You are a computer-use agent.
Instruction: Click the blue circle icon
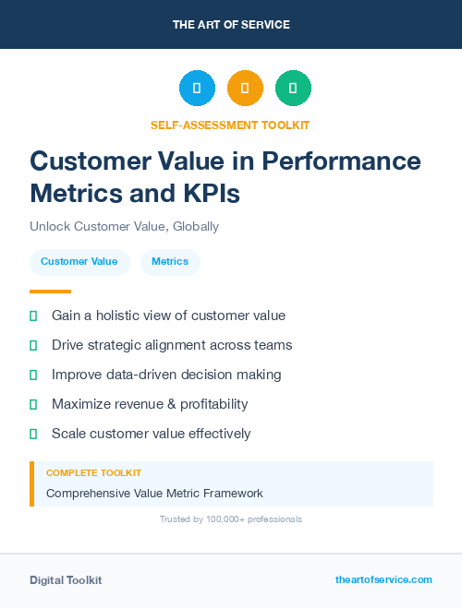(197, 89)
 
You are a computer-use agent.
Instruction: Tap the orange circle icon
(245, 89)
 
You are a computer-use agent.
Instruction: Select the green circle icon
(293, 89)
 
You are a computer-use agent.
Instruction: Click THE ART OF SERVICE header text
(231, 25)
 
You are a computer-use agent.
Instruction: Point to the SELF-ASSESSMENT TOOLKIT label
(230, 125)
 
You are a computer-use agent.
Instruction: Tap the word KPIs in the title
(212, 193)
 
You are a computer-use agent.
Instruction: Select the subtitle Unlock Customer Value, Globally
(124, 226)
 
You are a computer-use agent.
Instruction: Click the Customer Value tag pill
(79, 262)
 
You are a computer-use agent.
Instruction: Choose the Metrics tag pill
(170, 262)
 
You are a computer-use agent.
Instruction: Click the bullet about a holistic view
(168, 316)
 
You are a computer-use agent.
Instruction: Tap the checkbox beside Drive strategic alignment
(33, 345)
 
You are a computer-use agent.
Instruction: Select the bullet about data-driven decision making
(166, 375)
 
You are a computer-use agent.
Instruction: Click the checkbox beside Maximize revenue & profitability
(33, 404)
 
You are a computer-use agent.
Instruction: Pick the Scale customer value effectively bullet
(151, 434)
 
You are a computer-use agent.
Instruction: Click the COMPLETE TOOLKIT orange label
(93, 472)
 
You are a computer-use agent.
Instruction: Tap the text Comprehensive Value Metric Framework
(154, 493)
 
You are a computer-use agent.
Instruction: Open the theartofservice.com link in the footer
(383, 579)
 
